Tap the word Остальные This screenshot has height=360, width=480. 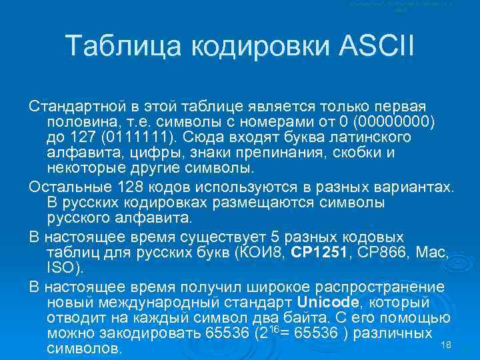tap(67, 185)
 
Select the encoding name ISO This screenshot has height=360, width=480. tap(62, 268)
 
